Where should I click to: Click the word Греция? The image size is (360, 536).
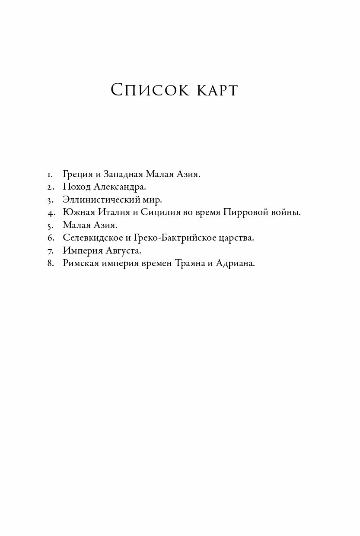pyautogui.click(x=77, y=174)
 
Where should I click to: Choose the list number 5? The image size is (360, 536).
pyautogui.click(x=50, y=225)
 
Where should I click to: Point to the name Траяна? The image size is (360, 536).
pyautogui.click(x=188, y=263)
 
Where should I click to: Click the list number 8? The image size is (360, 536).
pyautogui.click(x=50, y=263)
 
